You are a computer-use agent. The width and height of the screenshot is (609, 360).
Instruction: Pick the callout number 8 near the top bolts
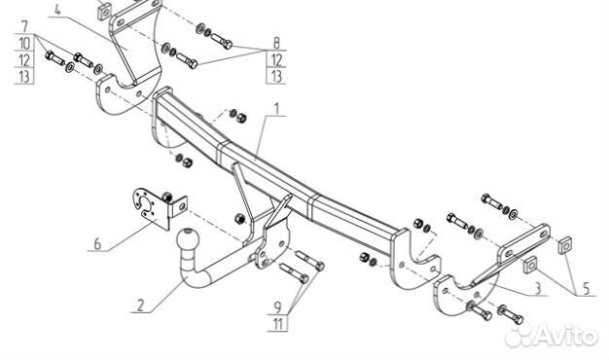tap(275, 43)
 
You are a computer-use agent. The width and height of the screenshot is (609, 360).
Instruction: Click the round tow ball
tap(185, 237)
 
